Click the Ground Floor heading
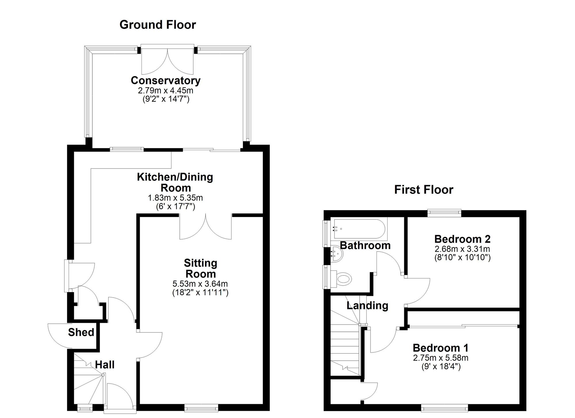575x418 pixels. [158, 25]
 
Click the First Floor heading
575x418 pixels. [423, 190]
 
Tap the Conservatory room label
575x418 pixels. [166, 80]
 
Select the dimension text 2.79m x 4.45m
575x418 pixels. [166, 91]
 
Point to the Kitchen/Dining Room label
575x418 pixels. [175, 182]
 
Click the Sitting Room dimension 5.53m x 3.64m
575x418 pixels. [200, 284]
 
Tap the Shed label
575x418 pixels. [81, 332]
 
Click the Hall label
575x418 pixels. [105, 365]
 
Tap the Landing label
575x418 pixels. [367, 305]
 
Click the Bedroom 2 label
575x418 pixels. [462, 239]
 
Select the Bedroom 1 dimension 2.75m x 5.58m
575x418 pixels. [441, 358]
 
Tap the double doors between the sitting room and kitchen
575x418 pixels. [206, 227]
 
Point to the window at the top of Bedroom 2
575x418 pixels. [444, 213]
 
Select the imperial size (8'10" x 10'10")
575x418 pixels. [462, 257]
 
